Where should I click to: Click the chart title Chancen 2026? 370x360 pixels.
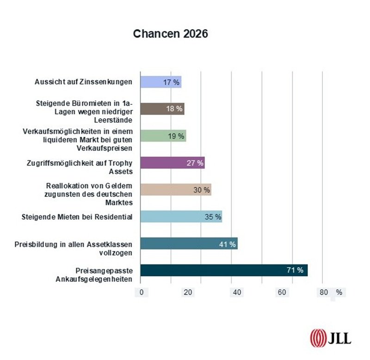(x=171, y=34)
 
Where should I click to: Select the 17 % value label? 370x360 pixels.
(x=171, y=82)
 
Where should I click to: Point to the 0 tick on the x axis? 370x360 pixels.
(x=142, y=292)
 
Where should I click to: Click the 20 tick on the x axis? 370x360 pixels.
(x=188, y=292)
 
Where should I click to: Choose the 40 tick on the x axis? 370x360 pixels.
(x=237, y=292)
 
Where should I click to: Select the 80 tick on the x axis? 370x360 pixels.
(x=323, y=292)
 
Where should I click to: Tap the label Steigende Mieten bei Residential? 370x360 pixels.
(x=77, y=216)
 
